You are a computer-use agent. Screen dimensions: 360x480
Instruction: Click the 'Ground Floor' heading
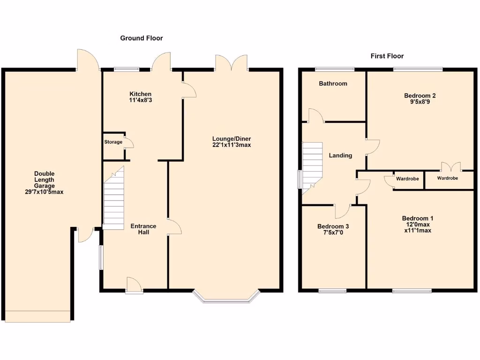pos(142,38)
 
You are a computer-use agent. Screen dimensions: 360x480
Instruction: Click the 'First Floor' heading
pos(387,56)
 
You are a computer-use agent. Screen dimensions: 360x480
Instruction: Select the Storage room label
pos(113,142)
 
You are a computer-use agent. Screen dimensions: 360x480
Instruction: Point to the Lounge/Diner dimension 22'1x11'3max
pos(232,145)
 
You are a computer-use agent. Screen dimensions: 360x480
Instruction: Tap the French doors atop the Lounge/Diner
pos(231,63)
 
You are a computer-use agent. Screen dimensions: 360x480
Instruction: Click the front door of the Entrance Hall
pos(134,285)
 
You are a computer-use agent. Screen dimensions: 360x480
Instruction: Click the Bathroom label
pos(333,83)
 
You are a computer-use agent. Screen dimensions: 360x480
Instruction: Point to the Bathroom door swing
pos(315,115)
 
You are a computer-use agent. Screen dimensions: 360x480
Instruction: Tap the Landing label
pos(340,155)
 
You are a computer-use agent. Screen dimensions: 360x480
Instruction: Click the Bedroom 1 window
pos(412,291)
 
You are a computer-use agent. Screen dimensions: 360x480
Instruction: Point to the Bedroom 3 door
pos(343,211)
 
